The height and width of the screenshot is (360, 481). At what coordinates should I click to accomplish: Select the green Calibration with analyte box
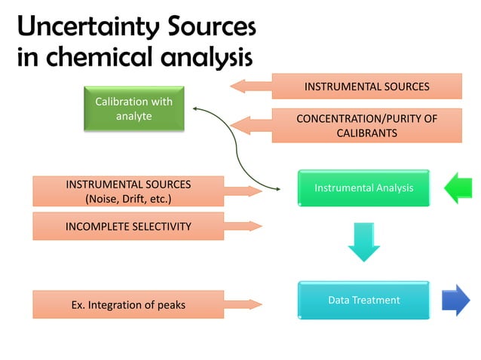[x=133, y=109]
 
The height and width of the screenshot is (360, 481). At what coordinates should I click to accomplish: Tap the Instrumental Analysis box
[x=363, y=188]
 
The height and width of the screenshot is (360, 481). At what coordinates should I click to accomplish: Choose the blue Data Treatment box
[x=363, y=300]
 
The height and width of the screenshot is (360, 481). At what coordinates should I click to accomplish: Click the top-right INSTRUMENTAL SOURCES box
[x=366, y=87]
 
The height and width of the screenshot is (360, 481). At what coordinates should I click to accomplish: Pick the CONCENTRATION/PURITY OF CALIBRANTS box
[x=366, y=126]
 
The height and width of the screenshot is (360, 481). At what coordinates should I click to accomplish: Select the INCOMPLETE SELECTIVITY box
[x=128, y=226]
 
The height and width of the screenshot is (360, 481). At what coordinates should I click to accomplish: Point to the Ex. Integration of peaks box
[x=128, y=305]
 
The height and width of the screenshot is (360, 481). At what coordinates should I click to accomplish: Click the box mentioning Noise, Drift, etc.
[x=128, y=191]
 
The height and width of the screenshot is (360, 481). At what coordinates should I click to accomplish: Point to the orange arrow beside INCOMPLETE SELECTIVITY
[x=244, y=226]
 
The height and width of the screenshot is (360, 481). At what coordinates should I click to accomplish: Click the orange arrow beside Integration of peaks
[x=244, y=304]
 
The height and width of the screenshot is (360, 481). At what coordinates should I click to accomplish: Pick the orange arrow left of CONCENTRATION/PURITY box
[x=250, y=126]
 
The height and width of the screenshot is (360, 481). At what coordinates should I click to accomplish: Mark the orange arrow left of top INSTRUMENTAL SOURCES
[x=250, y=86]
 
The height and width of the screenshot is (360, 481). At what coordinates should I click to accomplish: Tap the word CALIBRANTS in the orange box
[x=366, y=133]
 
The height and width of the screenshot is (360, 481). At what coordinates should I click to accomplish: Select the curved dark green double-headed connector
[x=237, y=151]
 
